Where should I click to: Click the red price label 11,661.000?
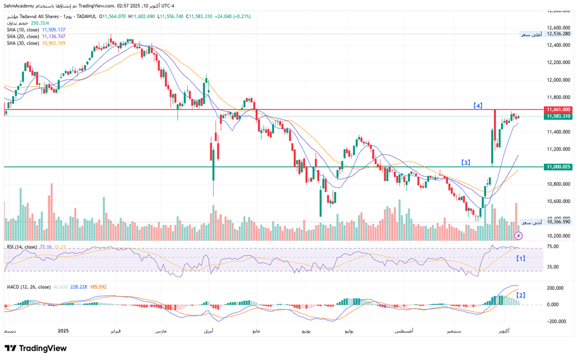coord(558,109)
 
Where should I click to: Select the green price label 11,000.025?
coord(558,167)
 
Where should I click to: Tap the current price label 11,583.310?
coord(558,116)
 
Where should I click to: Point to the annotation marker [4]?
coord(478,105)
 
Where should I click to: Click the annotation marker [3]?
coord(465,162)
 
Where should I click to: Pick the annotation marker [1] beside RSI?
coord(520,258)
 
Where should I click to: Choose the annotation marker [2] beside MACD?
coord(520,295)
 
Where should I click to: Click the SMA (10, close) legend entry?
coord(23,30)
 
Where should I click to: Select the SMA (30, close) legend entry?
coord(23,43)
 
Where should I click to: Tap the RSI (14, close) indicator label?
coord(22,247)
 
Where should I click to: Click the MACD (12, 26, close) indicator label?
coord(28,287)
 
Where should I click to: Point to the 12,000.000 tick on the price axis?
coord(558,80)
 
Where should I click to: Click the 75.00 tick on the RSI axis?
coord(553,246)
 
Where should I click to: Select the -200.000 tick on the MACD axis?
coord(557,321)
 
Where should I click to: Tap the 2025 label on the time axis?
coord(64,331)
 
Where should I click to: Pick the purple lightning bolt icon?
coord(518,235)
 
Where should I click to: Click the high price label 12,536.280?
coord(558,34)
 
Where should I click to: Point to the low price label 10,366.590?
coord(558,222)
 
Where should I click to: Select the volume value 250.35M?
coord(40,23)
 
